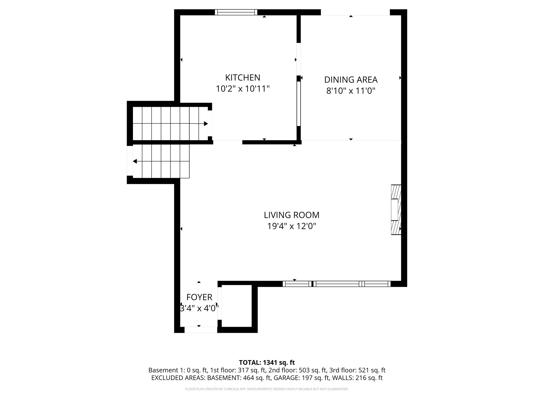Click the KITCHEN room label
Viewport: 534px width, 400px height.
[242, 78]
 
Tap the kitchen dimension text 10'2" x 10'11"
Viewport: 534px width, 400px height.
[242, 89]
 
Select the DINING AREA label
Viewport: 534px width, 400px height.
[351, 79]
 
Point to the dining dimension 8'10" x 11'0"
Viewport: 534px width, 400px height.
[351, 91]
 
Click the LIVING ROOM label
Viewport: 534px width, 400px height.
[292, 215]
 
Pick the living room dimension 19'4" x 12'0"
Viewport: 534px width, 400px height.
[292, 226]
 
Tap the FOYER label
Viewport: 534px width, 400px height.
[199, 297]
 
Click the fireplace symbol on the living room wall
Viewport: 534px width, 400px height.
[396, 210]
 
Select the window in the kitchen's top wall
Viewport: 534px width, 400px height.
[236, 12]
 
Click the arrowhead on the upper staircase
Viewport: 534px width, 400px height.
[206, 124]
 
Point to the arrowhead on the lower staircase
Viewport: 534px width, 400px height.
[135, 161]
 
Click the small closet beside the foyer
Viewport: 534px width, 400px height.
[236, 306]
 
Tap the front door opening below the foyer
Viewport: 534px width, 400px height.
[201, 330]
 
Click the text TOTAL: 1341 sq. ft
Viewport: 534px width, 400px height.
[267, 362]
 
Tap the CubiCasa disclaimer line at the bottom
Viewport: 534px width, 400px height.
[267, 389]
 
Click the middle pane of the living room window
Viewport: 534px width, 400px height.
[337, 284]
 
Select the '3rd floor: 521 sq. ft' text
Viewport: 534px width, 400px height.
[357, 370]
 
